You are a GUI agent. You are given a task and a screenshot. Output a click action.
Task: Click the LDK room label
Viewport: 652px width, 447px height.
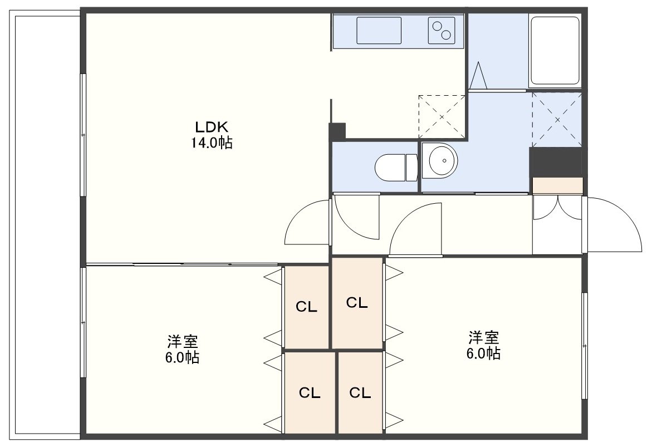click(x=212, y=126)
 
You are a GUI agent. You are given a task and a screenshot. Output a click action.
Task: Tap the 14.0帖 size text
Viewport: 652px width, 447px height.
click(x=211, y=143)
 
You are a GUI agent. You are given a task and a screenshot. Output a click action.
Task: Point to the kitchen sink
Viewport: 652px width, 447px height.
click(x=379, y=31)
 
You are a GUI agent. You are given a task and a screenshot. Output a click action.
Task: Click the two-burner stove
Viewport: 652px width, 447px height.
click(x=442, y=31)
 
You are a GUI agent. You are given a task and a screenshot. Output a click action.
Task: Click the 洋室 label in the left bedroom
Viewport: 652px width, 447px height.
click(x=183, y=341)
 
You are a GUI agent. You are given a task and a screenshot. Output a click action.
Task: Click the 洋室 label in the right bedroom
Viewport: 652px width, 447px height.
click(x=484, y=337)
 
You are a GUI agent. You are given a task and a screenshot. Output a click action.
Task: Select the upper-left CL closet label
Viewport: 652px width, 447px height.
click(x=306, y=307)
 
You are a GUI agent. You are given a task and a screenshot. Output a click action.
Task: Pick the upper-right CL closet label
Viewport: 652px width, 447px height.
click(x=357, y=303)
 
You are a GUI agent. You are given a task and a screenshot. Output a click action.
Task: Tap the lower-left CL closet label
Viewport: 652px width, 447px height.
click(x=310, y=392)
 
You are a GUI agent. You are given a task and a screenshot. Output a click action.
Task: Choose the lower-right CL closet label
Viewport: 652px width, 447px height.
click(x=360, y=392)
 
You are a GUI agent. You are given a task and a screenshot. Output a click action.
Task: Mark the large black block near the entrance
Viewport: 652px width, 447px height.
click(x=555, y=162)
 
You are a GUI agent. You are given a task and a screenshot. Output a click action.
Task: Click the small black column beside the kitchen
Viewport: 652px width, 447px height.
click(x=337, y=131)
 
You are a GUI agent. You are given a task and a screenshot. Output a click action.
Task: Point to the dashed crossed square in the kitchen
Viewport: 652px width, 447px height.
click(x=442, y=116)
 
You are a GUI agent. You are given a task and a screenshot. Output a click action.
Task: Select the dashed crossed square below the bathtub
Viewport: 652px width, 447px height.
click(x=557, y=119)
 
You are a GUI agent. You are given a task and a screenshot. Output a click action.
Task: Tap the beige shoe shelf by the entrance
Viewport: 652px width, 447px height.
click(x=557, y=185)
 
